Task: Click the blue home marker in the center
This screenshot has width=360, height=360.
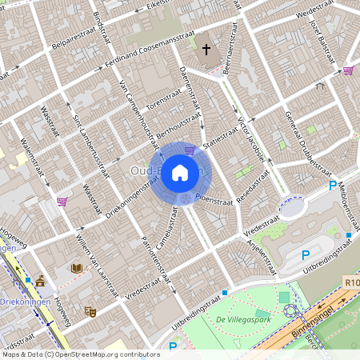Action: tap(180, 172)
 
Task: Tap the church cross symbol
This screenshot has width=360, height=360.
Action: tap(206, 50)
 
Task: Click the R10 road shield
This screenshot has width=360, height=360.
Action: tap(353, 282)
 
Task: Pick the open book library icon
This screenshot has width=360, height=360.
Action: tap(77, 268)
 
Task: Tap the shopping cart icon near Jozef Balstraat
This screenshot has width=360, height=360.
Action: tap(348, 70)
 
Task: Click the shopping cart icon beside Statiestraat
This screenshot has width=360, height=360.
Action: tap(190, 150)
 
